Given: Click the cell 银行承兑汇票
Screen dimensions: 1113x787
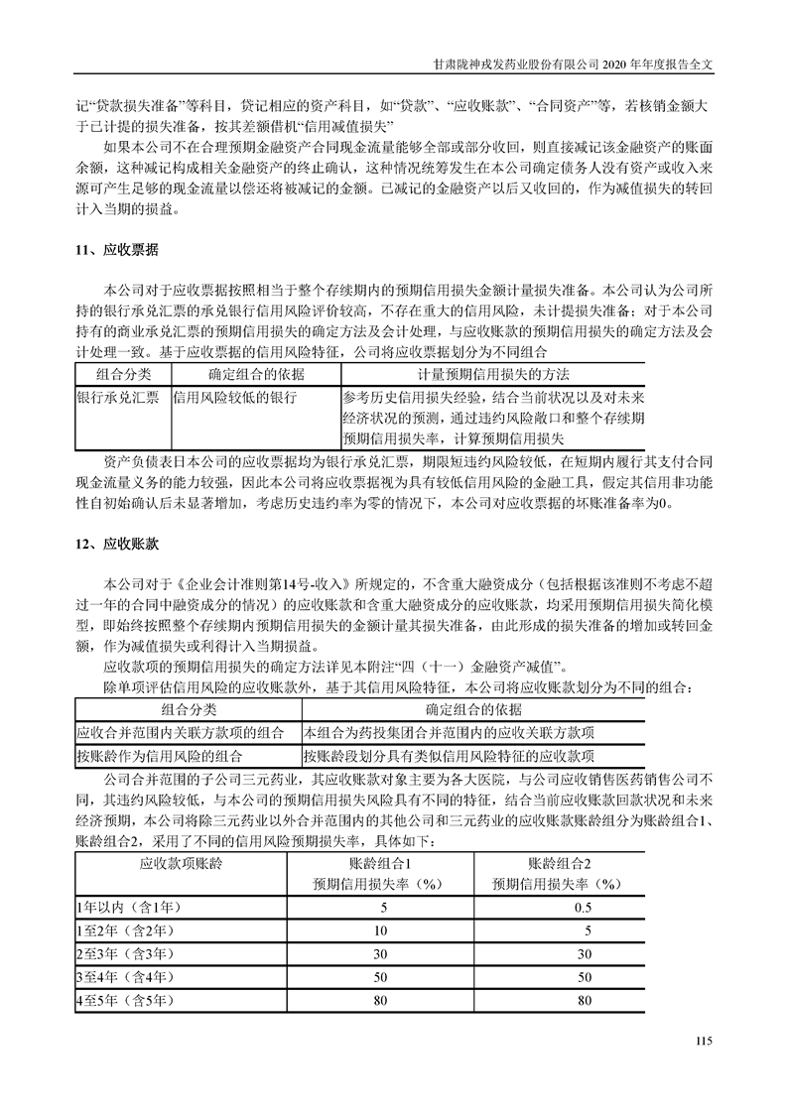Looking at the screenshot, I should [x=117, y=396].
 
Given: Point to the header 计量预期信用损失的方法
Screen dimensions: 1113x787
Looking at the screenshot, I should [x=493, y=375].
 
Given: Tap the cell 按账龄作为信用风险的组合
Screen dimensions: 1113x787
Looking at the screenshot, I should [x=160, y=754].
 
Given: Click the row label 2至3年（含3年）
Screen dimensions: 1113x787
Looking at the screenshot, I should [x=131, y=953].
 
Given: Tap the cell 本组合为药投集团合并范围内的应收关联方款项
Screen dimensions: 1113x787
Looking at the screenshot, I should [x=449, y=732].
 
